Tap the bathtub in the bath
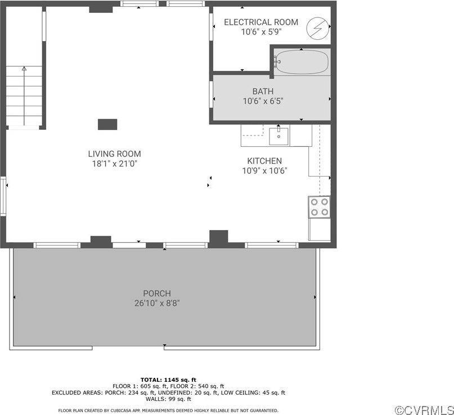click(x=302, y=62)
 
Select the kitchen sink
click(x=278, y=135)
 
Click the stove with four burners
click(x=320, y=206)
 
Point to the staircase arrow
click(x=24, y=69)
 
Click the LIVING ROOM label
click(x=114, y=154)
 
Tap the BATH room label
click(x=263, y=91)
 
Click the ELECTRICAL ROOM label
click(x=260, y=22)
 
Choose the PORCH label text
click(x=156, y=293)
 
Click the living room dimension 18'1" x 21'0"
click(x=114, y=164)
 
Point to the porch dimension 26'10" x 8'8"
click(x=156, y=303)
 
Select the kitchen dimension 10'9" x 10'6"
click(x=264, y=170)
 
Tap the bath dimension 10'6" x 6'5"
click(x=263, y=101)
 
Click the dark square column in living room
click(x=107, y=124)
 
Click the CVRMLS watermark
click(x=424, y=410)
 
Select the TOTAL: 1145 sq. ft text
click(x=168, y=380)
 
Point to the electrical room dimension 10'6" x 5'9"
click(x=261, y=32)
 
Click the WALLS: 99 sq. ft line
click(x=168, y=399)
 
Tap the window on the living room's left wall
click(x=3, y=196)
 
